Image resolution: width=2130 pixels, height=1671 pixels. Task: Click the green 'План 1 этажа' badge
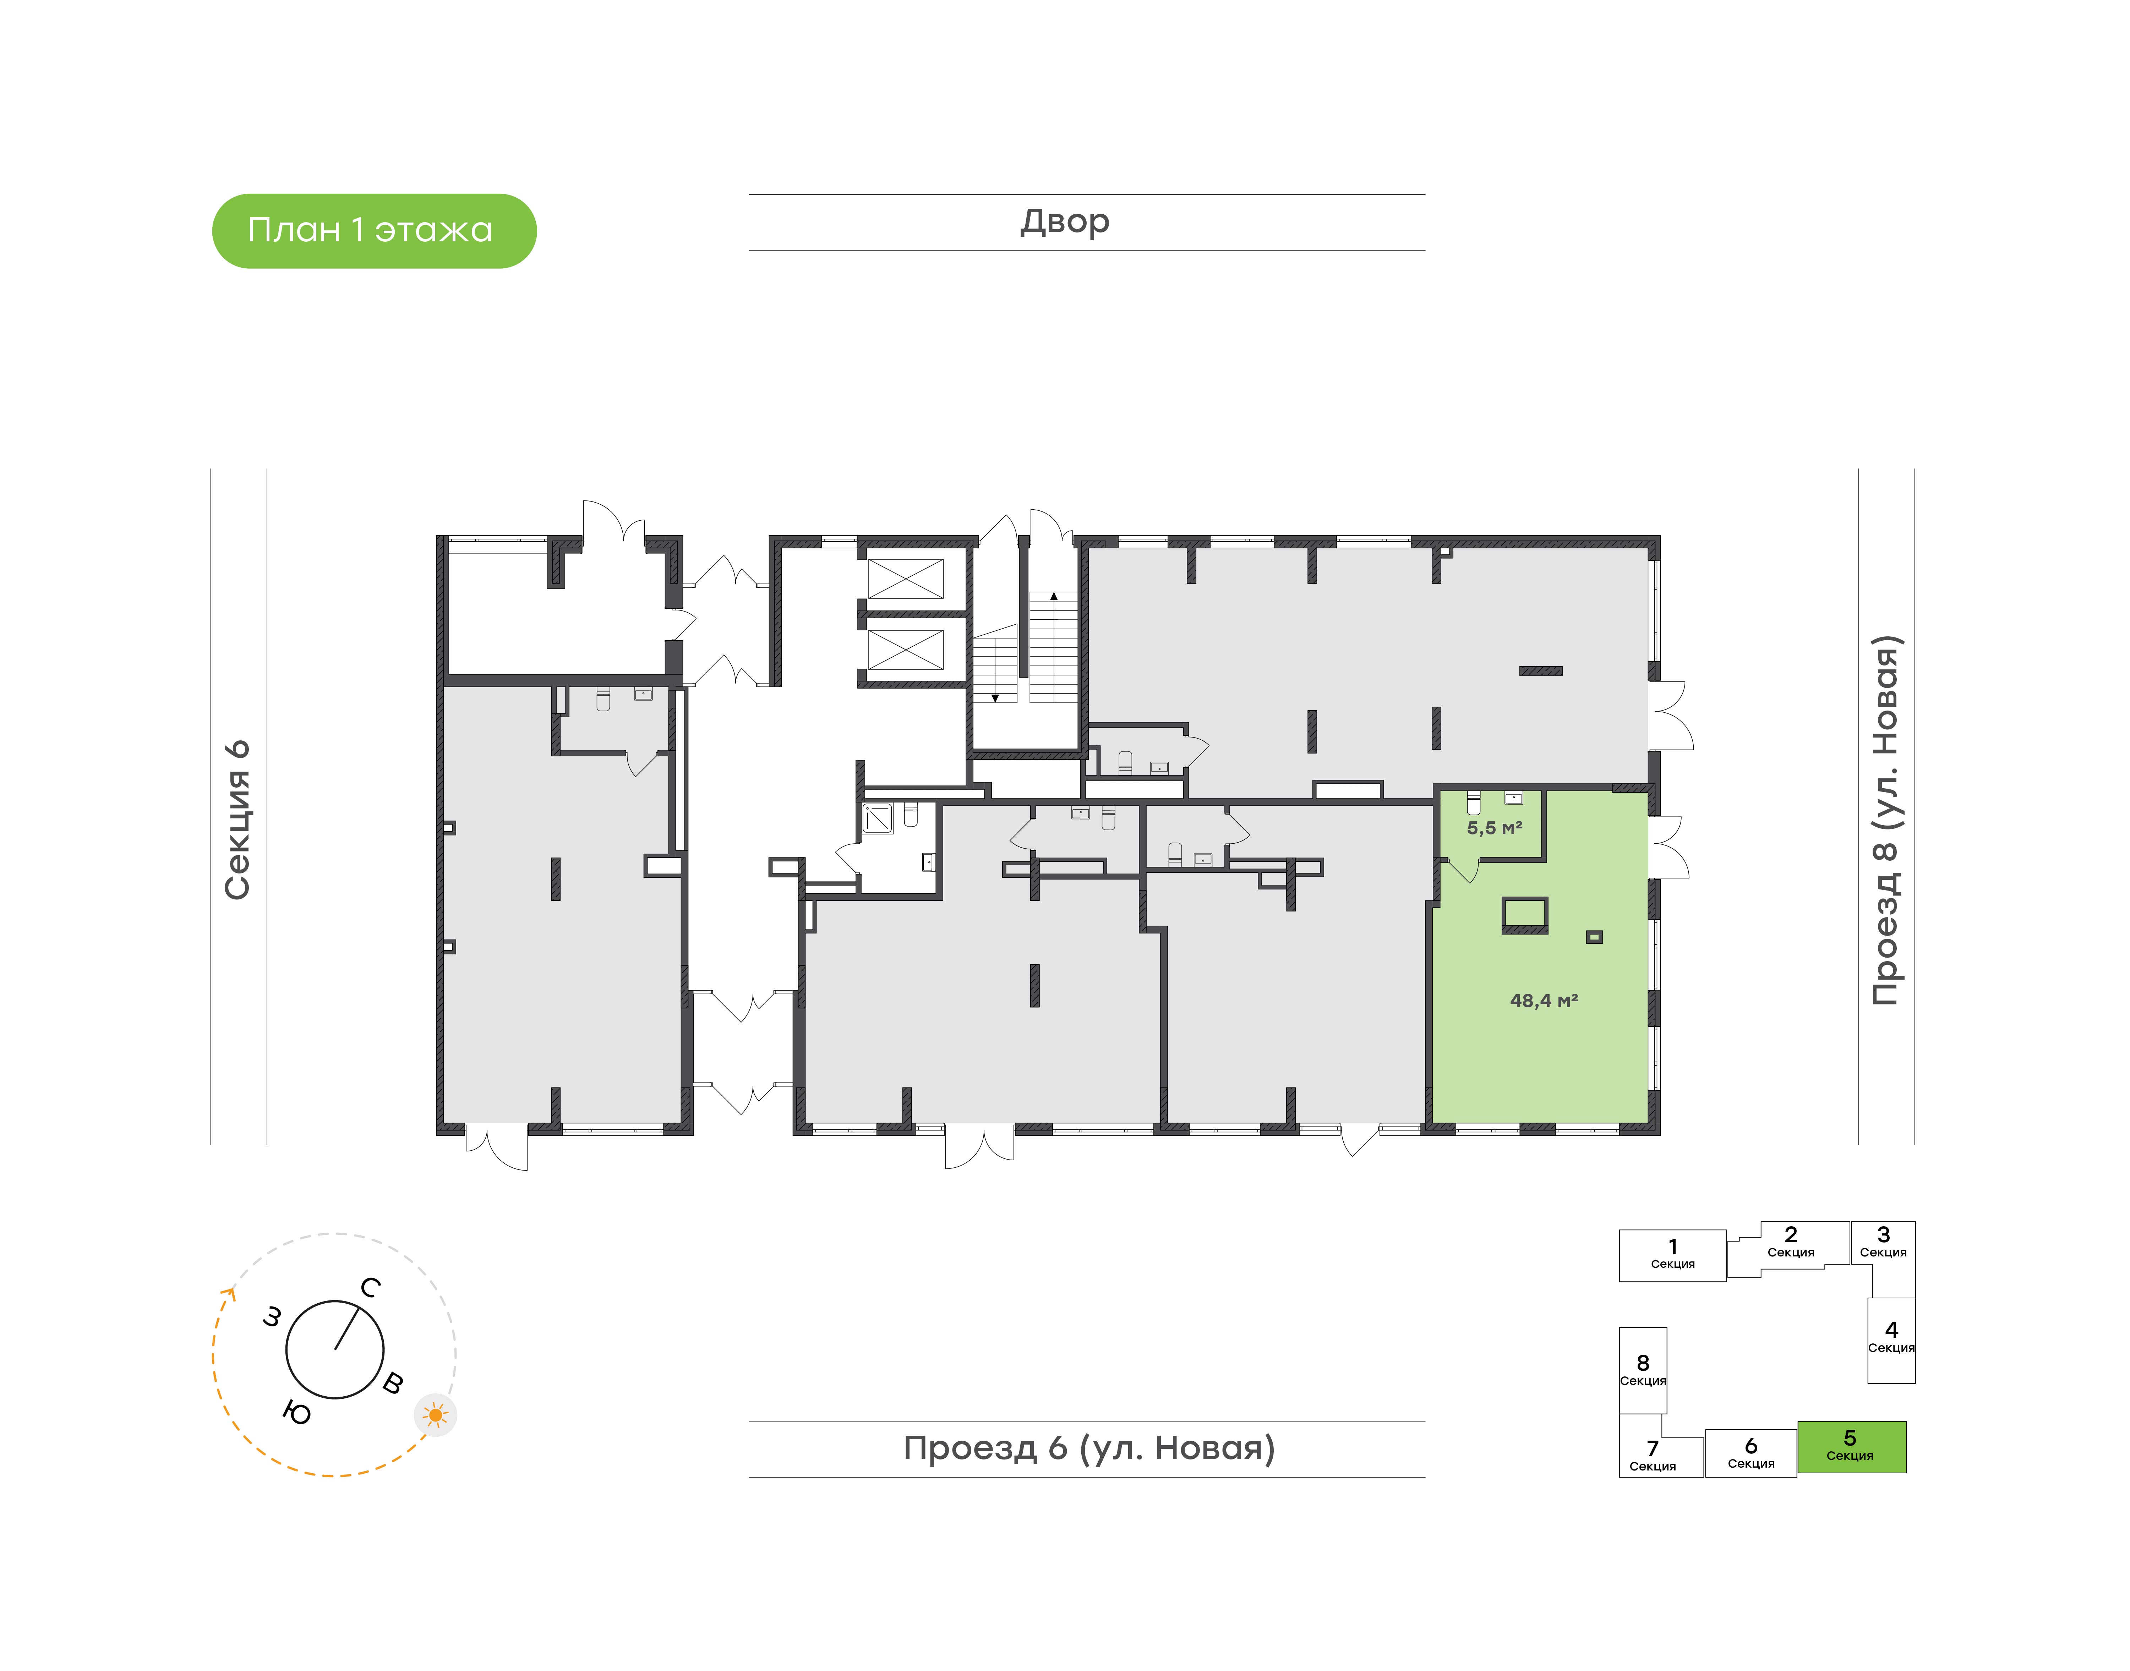(x=374, y=231)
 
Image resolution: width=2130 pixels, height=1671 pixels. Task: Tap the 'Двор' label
(x=1065, y=222)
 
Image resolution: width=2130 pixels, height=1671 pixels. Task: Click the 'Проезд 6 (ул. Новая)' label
(x=1089, y=1448)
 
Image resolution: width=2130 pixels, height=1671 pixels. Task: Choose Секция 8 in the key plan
(x=1643, y=1370)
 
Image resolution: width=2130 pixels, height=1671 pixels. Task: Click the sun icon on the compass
(x=435, y=1415)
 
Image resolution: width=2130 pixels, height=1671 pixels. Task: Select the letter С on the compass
(x=370, y=1287)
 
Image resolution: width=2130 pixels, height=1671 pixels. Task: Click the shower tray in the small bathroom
(x=878, y=818)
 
